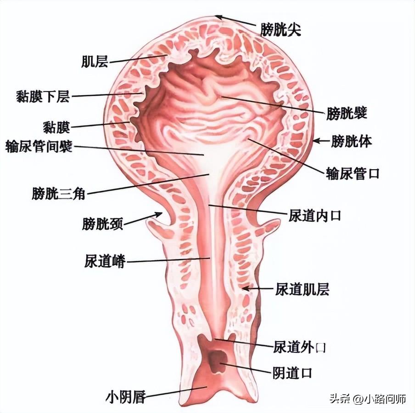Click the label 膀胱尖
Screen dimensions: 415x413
(x=280, y=29)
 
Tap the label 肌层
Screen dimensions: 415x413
(x=95, y=61)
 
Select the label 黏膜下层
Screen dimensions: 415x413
(x=43, y=96)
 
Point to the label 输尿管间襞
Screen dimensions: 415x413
(x=39, y=146)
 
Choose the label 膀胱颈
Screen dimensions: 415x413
(x=102, y=224)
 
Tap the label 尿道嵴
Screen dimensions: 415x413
(x=105, y=261)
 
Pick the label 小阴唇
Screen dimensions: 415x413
(x=126, y=397)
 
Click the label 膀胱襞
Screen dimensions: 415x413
(x=347, y=113)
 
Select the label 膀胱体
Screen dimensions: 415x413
(x=352, y=141)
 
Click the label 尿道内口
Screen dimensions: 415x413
(x=314, y=216)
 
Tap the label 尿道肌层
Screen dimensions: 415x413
(x=302, y=289)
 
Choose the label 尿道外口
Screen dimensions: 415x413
(x=299, y=347)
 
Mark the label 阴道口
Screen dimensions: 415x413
(x=292, y=373)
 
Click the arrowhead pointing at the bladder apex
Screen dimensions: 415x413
(x=219, y=17)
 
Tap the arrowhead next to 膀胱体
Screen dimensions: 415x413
(x=316, y=141)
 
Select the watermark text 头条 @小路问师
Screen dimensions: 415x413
(x=368, y=398)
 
